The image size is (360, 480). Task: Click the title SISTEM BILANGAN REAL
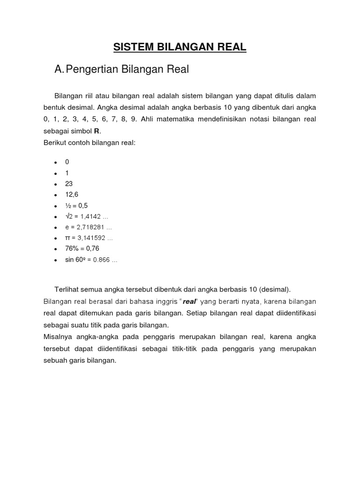coord(180,47)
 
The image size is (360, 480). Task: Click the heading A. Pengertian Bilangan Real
coord(121,70)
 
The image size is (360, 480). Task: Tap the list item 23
coord(69,184)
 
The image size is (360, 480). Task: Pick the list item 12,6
coord(72,195)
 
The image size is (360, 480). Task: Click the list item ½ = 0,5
coord(76,205)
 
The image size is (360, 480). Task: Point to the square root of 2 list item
coord(83,216)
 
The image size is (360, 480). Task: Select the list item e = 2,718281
coord(89,227)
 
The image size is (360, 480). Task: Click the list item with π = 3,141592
coord(89,238)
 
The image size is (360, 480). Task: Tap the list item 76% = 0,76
coord(82,248)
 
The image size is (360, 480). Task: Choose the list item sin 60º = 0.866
coord(91,259)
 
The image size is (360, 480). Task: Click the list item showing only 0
coord(67,162)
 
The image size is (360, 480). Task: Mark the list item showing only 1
coord(67,172)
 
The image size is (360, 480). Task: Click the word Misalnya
coord(57,337)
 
